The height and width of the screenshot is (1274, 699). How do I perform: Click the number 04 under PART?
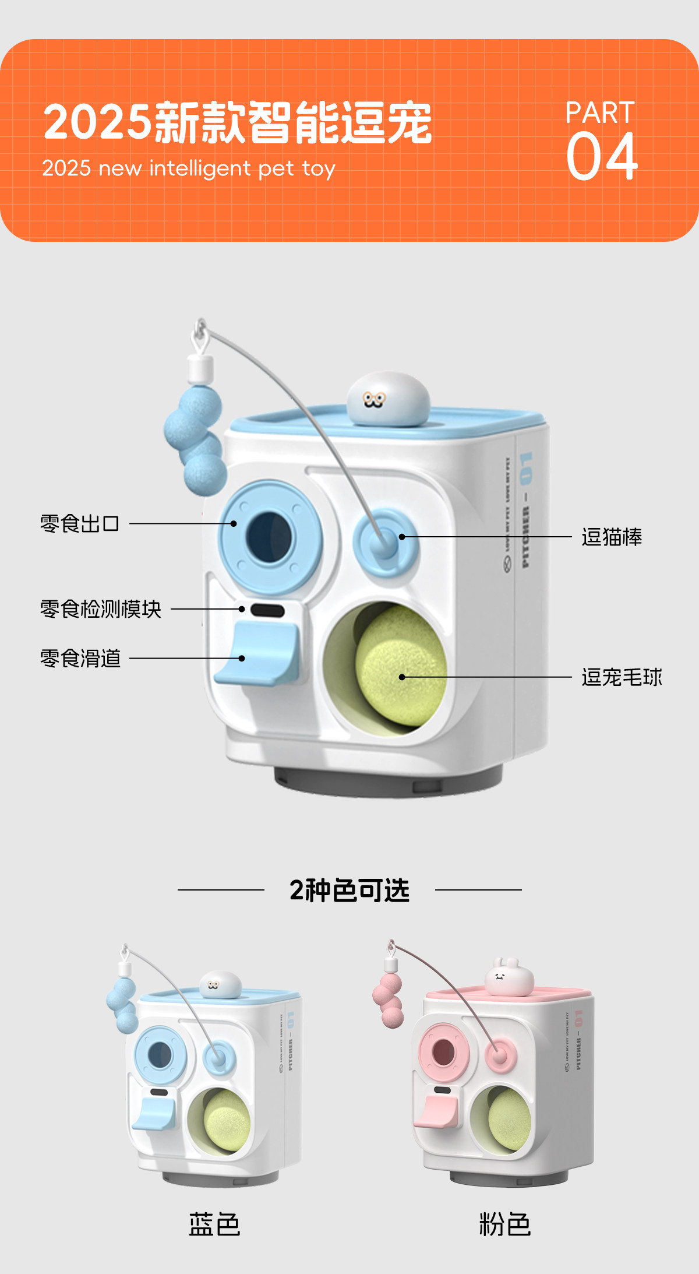pyautogui.click(x=602, y=156)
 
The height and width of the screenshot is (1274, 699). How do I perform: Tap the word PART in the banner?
pyautogui.click(x=599, y=113)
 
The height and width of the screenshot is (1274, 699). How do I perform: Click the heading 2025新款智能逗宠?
pyautogui.click(x=238, y=123)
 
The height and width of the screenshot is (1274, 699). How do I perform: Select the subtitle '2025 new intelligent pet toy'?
pyautogui.click(x=189, y=168)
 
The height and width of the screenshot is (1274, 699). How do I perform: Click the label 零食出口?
pyautogui.click(x=80, y=524)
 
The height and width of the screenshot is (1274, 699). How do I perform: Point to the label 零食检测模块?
pyautogui.click(x=101, y=609)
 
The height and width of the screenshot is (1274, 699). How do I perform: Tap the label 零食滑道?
pyautogui.click(x=80, y=659)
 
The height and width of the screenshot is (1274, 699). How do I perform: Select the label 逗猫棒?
pyautogui.click(x=612, y=537)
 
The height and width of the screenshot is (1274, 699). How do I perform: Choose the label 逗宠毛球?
pyautogui.click(x=622, y=677)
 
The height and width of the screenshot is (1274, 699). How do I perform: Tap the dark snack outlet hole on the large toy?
pyautogui.click(x=269, y=536)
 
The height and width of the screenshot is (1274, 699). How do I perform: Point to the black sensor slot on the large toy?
pyautogui.click(x=267, y=610)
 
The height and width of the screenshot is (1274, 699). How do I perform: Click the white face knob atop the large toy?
pyautogui.click(x=388, y=399)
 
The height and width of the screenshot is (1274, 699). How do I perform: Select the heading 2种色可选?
pyautogui.click(x=349, y=891)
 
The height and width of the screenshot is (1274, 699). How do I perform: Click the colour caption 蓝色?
pyautogui.click(x=214, y=1224)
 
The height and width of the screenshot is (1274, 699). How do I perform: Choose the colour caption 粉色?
pyautogui.click(x=504, y=1224)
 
